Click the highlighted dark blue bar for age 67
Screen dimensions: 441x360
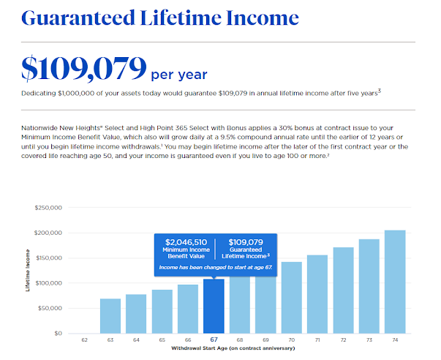(x=214, y=307)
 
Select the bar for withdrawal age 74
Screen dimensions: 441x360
(x=395, y=282)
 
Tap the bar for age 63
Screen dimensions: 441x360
(x=110, y=316)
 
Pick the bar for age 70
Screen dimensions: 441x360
(x=292, y=298)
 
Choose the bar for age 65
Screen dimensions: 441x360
(x=162, y=312)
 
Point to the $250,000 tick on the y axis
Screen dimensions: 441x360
(x=48, y=208)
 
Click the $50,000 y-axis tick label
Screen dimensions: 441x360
(x=50, y=308)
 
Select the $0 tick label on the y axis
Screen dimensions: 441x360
(x=58, y=333)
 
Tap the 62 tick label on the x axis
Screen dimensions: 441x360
(x=84, y=340)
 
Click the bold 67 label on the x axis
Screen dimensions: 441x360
(x=214, y=340)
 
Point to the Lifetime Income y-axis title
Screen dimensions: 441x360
(x=28, y=270)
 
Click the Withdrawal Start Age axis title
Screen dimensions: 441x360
(x=233, y=348)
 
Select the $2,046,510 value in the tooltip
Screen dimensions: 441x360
(x=186, y=242)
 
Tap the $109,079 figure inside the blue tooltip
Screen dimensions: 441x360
(x=246, y=242)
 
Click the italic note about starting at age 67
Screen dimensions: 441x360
(x=216, y=267)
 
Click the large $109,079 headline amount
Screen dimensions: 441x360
(x=84, y=68)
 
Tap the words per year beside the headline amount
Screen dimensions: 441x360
(x=179, y=75)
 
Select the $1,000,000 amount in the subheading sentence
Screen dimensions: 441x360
(x=76, y=93)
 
